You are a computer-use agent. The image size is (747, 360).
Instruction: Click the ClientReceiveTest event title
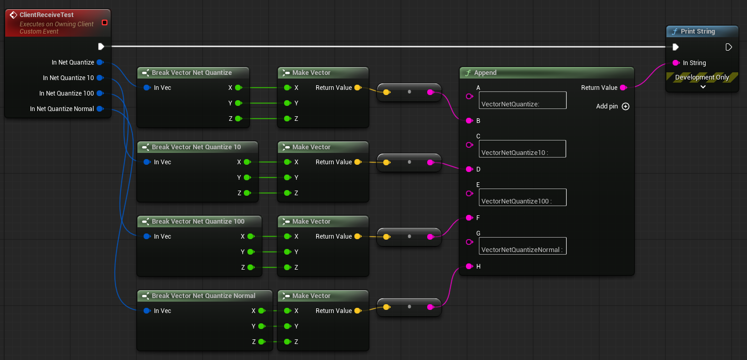click(x=46, y=14)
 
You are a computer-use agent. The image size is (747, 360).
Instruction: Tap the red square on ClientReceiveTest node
click(x=104, y=23)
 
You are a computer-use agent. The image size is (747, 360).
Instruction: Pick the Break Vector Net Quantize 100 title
click(x=198, y=222)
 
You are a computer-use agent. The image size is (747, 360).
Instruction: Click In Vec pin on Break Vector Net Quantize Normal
click(x=147, y=310)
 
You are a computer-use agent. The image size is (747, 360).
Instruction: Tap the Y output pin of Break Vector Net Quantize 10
click(x=247, y=177)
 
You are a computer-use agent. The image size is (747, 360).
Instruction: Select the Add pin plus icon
click(x=626, y=106)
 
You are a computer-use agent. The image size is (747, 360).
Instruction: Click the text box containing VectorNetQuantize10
click(x=522, y=149)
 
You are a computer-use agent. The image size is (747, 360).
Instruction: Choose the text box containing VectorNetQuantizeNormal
click(x=523, y=246)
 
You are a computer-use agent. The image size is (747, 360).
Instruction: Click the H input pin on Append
click(x=469, y=267)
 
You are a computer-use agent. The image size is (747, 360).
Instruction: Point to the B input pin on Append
click(x=469, y=121)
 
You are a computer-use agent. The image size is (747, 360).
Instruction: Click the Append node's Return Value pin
click(x=624, y=88)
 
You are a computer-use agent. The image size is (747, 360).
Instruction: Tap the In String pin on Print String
click(x=676, y=62)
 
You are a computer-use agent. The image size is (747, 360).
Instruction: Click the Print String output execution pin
click(x=728, y=47)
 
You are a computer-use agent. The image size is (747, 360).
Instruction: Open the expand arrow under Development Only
click(x=703, y=87)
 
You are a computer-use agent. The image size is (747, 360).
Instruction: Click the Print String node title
click(x=697, y=32)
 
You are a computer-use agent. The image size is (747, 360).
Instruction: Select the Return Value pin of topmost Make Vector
click(x=358, y=88)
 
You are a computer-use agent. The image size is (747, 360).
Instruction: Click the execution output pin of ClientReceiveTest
click(x=101, y=46)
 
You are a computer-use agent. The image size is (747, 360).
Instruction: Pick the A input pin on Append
click(x=469, y=97)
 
